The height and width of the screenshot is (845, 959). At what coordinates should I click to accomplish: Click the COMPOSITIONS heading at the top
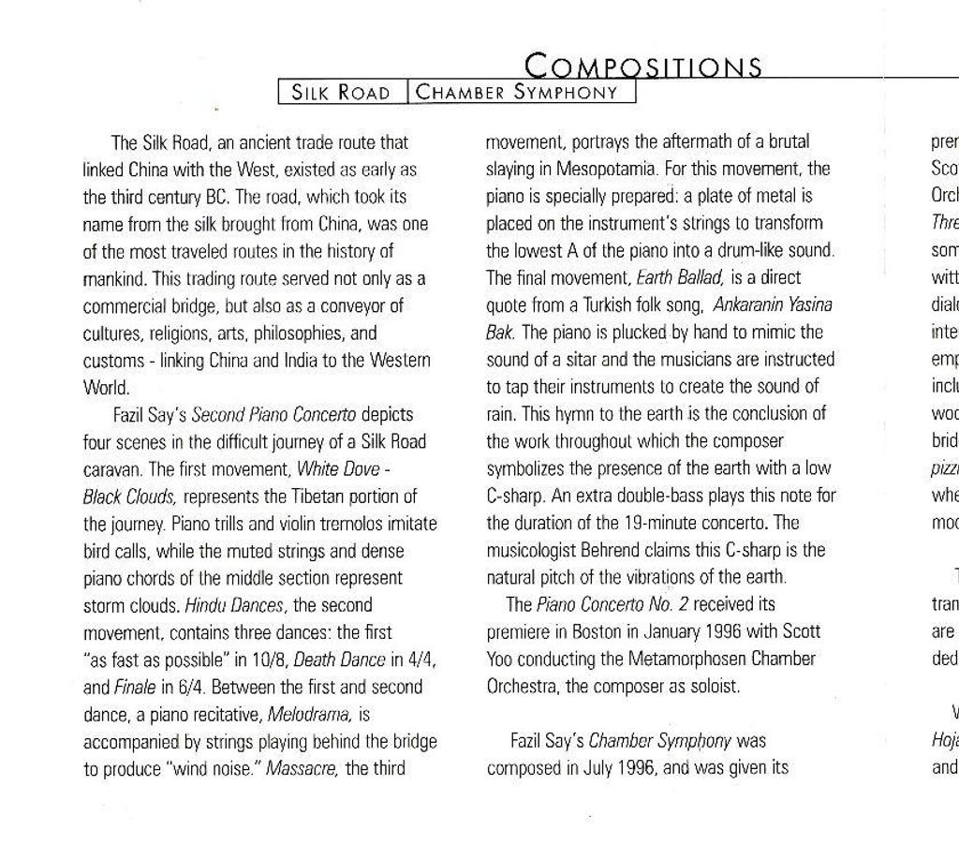pos(642,66)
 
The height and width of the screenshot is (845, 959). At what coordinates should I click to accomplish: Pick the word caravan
pos(112,469)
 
